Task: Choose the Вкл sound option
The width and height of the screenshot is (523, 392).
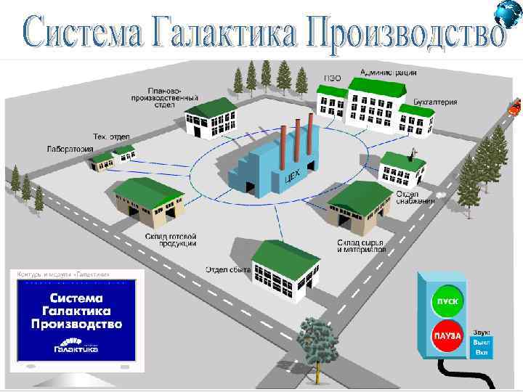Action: [482, 352]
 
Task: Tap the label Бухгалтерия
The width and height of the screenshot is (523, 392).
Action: [435, 102]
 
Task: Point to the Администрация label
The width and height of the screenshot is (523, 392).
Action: [389, 73]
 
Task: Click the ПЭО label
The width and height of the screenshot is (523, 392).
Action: [331, 77]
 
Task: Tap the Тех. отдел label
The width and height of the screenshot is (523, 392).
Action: [110, 136]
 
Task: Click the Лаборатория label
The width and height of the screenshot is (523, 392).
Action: [70, 150]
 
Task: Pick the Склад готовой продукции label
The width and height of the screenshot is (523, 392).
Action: [169, 240]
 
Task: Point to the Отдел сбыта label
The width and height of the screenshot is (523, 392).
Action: [227, 270]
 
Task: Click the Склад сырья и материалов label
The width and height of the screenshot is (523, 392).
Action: [361, 245]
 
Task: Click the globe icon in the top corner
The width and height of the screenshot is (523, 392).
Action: [508, 13]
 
